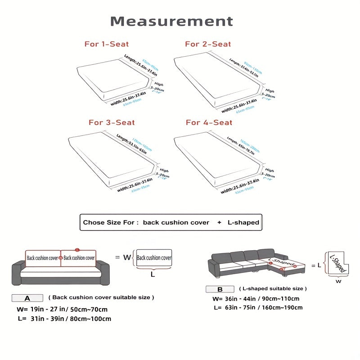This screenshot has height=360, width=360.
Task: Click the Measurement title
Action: pos(172,21)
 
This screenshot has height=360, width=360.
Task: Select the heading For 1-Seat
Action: pos(107,44)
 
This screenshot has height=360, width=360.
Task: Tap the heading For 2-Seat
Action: pos(208,44)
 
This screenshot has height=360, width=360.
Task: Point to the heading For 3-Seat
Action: pos(112,122)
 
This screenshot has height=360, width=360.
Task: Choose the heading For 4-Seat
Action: pos(209,122)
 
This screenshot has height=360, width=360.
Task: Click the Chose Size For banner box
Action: pos(171,222)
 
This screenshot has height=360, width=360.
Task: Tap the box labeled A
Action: pos(27,298)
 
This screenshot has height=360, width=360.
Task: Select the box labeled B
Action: pos(220,289)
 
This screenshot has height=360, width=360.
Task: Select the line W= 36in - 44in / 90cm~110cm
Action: pos(256,299)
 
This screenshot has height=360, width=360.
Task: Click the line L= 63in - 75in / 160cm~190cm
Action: pos(257,308)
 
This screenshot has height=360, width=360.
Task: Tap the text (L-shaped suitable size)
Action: pos(273,288)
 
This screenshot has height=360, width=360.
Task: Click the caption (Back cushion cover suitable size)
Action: pos(101,297)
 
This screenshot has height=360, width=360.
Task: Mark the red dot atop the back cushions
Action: pos(77,249)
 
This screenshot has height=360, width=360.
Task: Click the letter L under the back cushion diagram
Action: pos(153,273)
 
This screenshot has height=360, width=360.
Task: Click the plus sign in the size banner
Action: pos(219,222)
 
